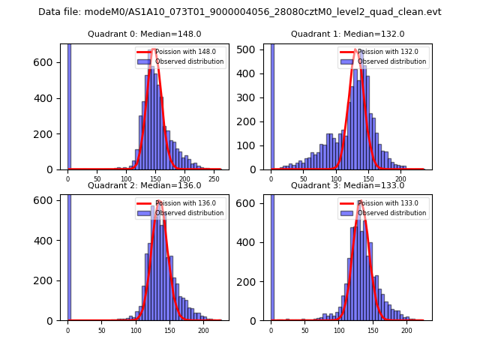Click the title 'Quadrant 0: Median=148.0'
click(144, 34)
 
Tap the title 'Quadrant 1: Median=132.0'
click(347, 34)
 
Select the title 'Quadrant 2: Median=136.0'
click(144, 185)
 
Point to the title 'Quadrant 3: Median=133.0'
click(347, 185)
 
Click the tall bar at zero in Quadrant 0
click(68, 105)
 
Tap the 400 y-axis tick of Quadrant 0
click(50, 98)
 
